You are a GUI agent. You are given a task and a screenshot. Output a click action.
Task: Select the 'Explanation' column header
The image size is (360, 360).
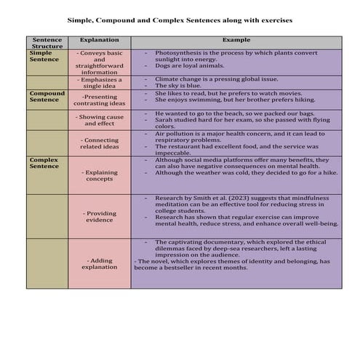100,39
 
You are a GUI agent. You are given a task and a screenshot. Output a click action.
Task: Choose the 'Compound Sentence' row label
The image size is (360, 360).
47,96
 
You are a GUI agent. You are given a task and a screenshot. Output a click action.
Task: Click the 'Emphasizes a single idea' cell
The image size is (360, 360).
100,83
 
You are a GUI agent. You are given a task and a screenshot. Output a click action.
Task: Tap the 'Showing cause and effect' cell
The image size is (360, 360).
100,120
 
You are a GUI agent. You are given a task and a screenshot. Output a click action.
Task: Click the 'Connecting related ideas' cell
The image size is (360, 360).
100,143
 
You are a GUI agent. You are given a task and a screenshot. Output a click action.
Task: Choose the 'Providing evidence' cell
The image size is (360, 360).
100,217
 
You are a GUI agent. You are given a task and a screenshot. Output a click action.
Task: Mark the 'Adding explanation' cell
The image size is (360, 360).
100,263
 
